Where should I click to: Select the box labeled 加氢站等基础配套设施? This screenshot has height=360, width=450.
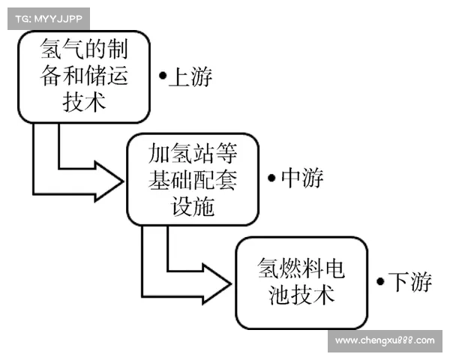point(193,180)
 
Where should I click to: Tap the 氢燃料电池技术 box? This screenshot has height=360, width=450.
point(301,282)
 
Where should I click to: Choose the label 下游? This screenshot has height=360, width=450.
point(409,282)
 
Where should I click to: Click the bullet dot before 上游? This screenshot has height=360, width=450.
point(162,76)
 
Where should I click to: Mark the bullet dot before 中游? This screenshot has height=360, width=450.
point(271,178)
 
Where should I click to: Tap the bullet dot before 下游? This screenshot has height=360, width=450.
point(381,282)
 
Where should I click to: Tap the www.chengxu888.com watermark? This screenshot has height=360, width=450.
point(384,340)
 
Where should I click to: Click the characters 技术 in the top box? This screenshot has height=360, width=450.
point(85,102)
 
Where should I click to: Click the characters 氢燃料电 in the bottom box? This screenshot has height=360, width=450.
point(301,268)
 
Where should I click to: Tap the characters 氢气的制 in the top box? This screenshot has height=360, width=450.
point(85,51)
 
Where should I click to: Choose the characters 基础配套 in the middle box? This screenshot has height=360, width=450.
point(193,180)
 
